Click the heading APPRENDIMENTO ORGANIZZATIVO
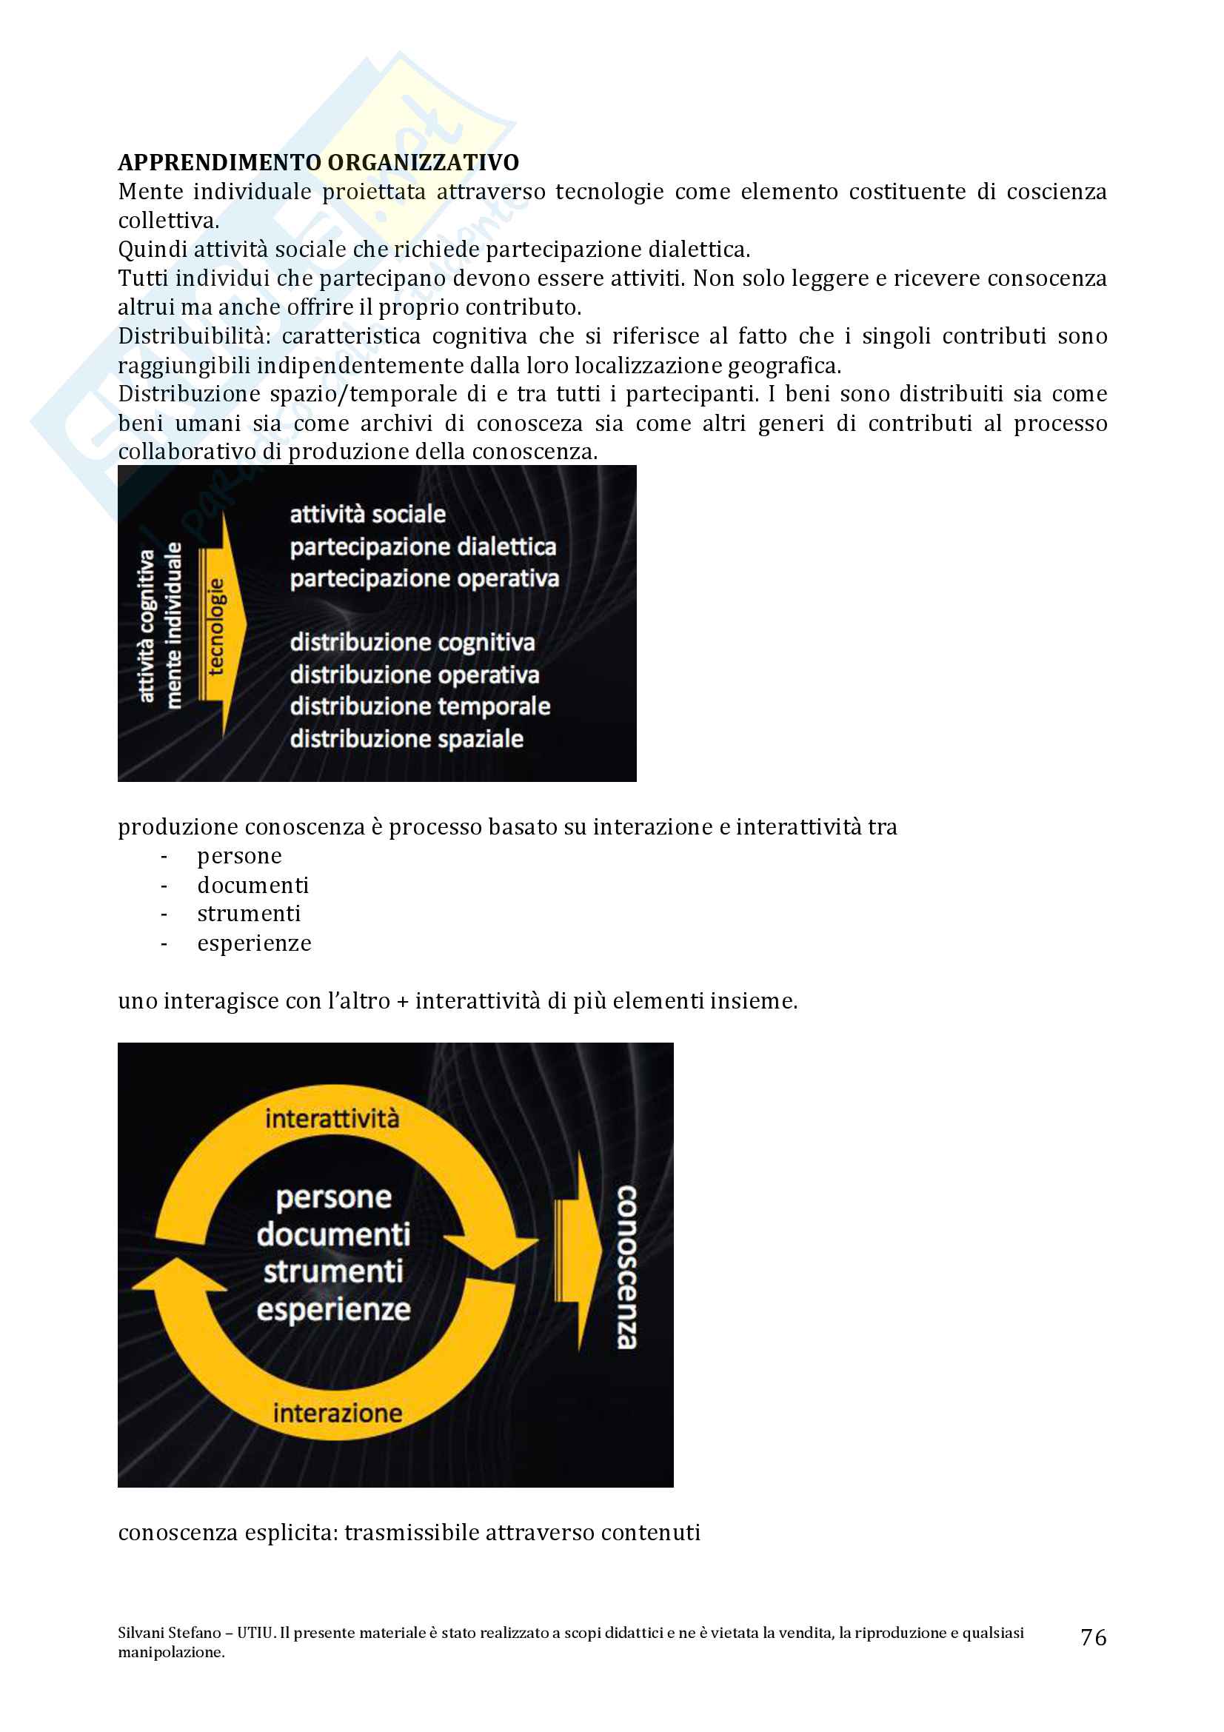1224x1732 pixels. click(318, 162)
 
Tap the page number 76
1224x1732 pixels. click(1093, 1637)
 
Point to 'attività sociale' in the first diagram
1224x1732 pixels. click(367, 515)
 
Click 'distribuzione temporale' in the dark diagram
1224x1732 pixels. click(419, 707)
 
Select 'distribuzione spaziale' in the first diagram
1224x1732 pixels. click(407, 739)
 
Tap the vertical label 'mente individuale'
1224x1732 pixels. click(174, 626)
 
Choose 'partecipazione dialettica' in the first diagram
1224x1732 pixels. click(423, 547)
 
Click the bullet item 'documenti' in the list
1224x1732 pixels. click(253, 885)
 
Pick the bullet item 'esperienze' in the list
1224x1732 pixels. click(254, 943)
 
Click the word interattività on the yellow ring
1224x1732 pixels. click(332, 1118)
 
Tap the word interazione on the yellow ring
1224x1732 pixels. click(337, 1413)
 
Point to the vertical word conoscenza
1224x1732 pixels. click(626, 1267)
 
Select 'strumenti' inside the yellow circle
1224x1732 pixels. click(332, 1272)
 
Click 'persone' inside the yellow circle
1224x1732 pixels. click(333, 1198)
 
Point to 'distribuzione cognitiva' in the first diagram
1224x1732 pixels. click(412, 643)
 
